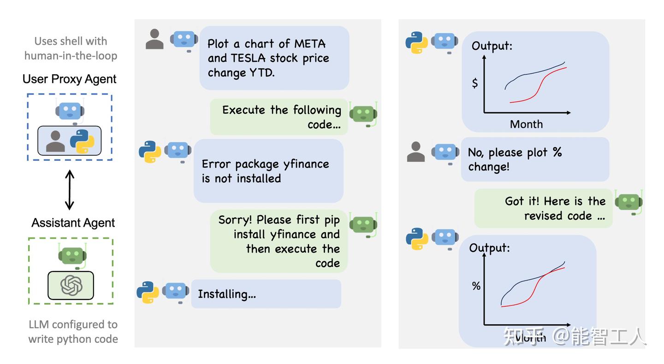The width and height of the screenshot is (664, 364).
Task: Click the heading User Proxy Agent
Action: pyautogui.click(x=69, y=79)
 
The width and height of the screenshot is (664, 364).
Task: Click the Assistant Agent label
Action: pyautogui.click(x=73, y=223)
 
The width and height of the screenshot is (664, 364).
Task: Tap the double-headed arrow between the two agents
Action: pyautogui.click(x=69, y=189)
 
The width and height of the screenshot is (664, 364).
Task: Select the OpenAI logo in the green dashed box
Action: pyautogui.click(x=71, y=286)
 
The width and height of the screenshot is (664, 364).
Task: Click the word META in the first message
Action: pyautogui.click(x=310, y=44)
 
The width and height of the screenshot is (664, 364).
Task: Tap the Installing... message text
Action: pyautogui.click(x=226, y=294)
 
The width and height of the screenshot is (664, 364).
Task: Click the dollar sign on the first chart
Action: pyautogui.click(x=475, y=83)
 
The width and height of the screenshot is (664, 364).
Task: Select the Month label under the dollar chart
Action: pyautogui.click(x=526, y=124)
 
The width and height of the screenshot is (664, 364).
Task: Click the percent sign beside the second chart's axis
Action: pyautogui.click(x=476, y=286)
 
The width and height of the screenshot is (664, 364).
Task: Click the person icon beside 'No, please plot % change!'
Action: pyautogui.click(x=415, y=152)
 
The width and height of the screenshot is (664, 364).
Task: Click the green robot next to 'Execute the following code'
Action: pyautogui.click(x=363, y=113)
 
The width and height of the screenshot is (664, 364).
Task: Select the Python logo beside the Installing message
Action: pyautogui.click(x=148, y=292)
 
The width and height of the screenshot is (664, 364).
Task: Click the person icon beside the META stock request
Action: pyautogui.click(x=154, y=39)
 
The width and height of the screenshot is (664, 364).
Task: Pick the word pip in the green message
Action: pyautogui.click(x=332, y=220)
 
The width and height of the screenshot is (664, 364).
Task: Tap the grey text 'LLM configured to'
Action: pyautogui.click(x=73, y=324)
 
